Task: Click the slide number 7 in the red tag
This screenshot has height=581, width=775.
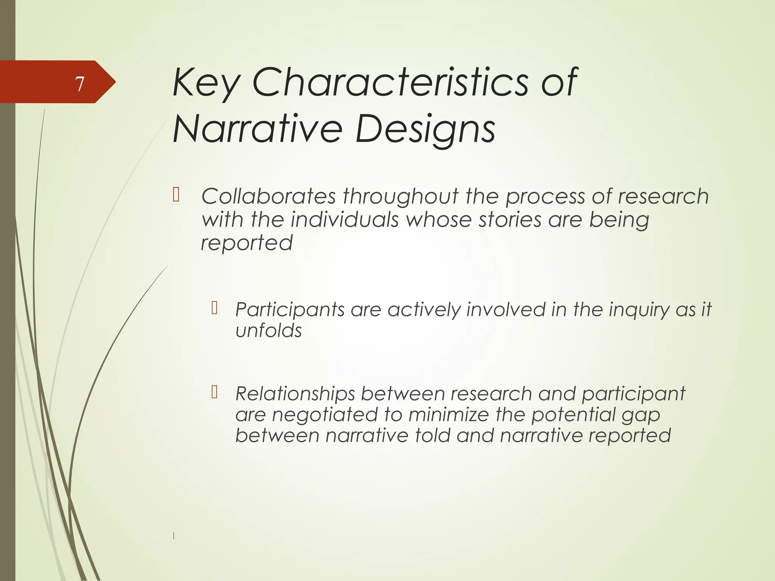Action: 79,84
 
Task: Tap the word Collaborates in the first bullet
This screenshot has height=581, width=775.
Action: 268,196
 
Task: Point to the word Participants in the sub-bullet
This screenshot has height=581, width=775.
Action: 289,310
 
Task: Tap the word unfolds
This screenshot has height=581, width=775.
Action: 268,331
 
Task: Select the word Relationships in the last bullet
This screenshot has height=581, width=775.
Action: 295,394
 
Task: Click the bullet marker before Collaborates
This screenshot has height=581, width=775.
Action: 176,195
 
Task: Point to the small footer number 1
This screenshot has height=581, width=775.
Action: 174,536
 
